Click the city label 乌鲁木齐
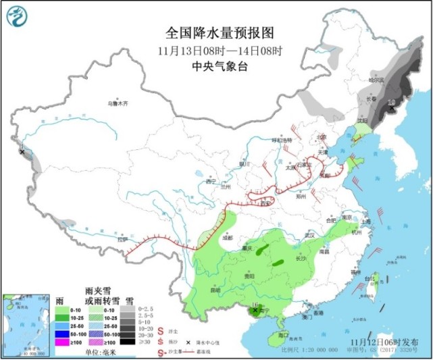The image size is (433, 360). [118, 103]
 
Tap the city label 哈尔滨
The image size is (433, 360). [376, 80]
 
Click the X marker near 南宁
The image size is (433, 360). [255, 310]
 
